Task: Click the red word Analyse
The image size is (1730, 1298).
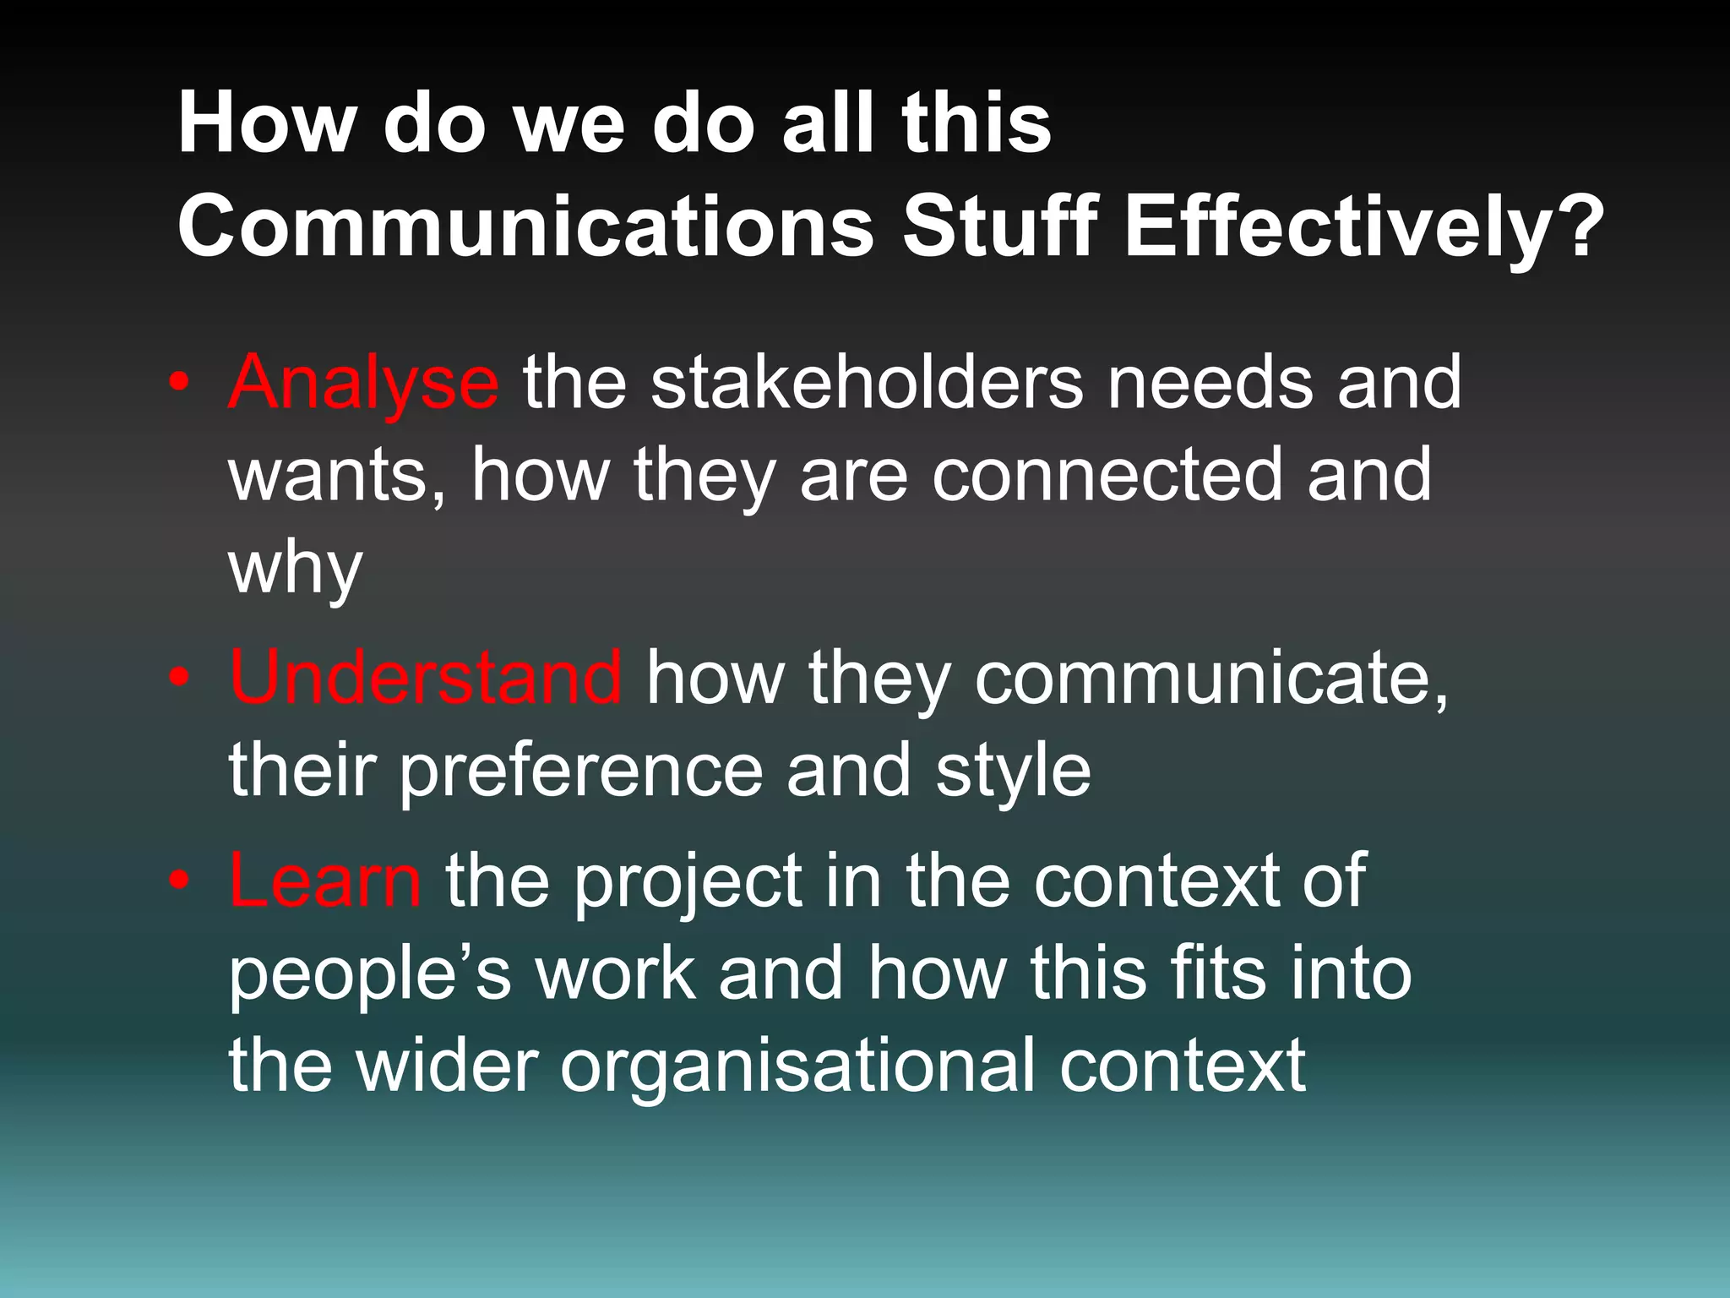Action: click(363, 384)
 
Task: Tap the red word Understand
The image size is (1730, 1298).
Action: click(426, 678)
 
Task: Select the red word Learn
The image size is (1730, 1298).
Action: click(324, 881)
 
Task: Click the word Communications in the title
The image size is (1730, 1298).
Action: click(525, 226)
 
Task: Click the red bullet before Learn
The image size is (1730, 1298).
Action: click(178, 881)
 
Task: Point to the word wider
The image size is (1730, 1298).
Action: click(447, 1066)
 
